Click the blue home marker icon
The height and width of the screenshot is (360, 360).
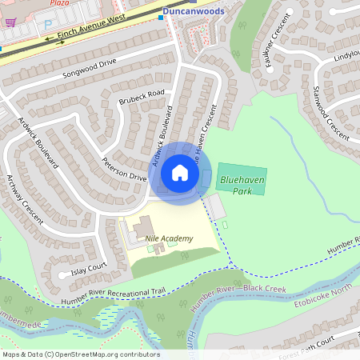180,173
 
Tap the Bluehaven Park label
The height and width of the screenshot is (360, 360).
237,186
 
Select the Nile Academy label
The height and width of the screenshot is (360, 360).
170,238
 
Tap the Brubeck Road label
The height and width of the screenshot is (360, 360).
142,106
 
